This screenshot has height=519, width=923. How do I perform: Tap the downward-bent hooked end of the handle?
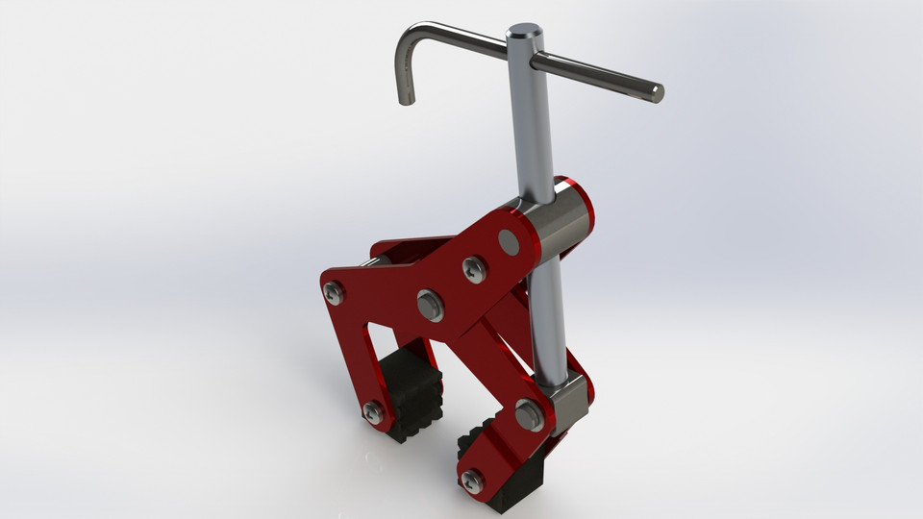click(x=406, y=93)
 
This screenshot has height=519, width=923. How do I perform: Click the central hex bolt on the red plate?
click(x=430, y=306)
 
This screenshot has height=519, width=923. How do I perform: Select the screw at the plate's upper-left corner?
click(x=333, y=292)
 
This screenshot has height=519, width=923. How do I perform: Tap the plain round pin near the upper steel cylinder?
click(x=509, y=243)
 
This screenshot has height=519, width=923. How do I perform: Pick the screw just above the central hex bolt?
click(x=474, y=269)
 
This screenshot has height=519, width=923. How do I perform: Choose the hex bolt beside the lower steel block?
click(x=529, y=415)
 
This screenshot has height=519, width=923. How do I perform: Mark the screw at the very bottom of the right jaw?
click(x=471, y=482)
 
